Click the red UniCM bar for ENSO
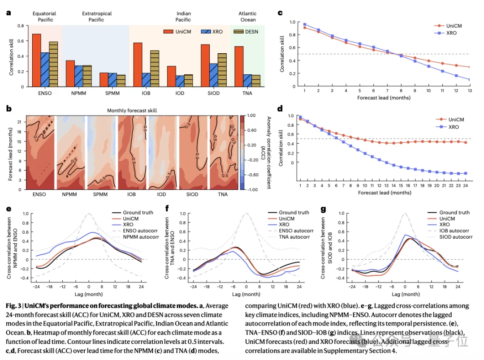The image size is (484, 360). (x=36, y=60)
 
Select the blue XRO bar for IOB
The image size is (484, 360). (x=146, y=80)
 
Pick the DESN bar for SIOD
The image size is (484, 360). (x=222, y=70)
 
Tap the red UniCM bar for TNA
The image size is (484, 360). (x=239, y=66)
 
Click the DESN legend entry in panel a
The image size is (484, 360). (x=246, y=31)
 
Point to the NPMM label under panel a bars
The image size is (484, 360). (x=79, y=93)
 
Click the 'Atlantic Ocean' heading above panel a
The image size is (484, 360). (x=247, y=17)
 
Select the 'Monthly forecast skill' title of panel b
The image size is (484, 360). (x=132, y=111)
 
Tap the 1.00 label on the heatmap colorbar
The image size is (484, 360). (x=251, y=116)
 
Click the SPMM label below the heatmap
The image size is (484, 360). (x=100, y=194)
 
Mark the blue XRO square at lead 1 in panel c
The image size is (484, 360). (x=305, y=24)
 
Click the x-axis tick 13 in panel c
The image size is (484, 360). (x=470, y=91)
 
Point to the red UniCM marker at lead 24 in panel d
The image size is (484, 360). (x=466, y=142)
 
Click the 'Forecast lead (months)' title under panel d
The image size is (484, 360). (x=385, y=193)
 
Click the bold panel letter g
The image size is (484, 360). (x=323, y=210)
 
